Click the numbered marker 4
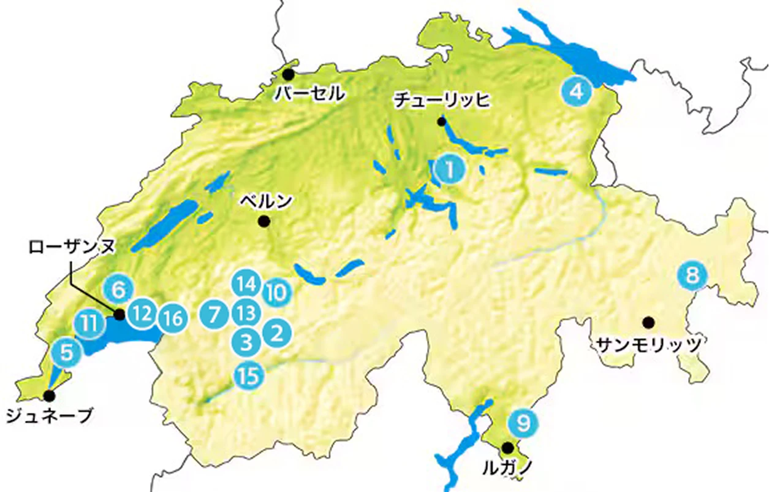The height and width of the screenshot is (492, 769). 576,92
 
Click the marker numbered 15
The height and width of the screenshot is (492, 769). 248,374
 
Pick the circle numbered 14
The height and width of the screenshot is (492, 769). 246,284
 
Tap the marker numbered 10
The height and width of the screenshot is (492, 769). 276,293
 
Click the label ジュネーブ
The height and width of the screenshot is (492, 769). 48,416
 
